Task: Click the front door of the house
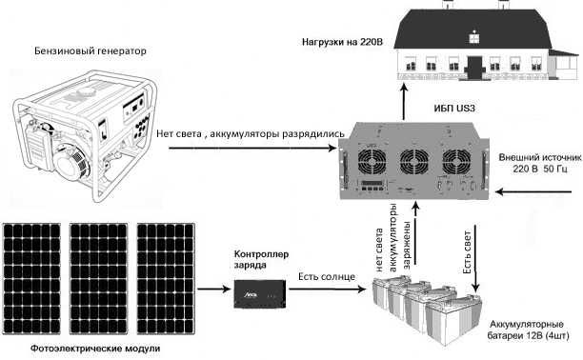(474, 64)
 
